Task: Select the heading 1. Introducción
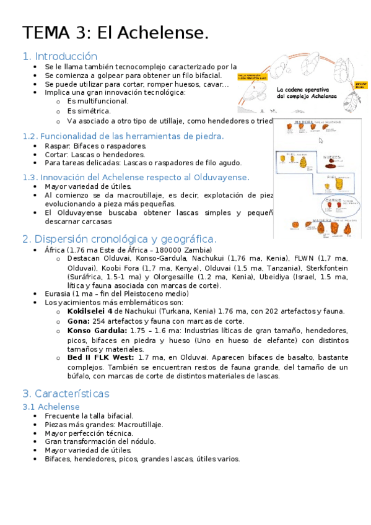59,56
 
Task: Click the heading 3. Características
66,394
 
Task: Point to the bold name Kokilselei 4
90,311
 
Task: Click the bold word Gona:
78,321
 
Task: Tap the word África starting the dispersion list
55,249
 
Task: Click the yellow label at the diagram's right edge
361,84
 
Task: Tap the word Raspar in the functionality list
57,145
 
